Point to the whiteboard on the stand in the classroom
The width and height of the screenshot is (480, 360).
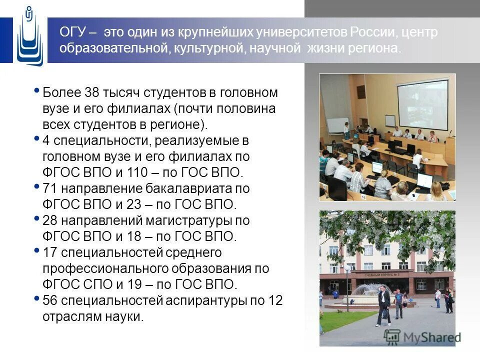[x=337, y=125]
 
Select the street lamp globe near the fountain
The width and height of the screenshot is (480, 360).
[x=346, y=268]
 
